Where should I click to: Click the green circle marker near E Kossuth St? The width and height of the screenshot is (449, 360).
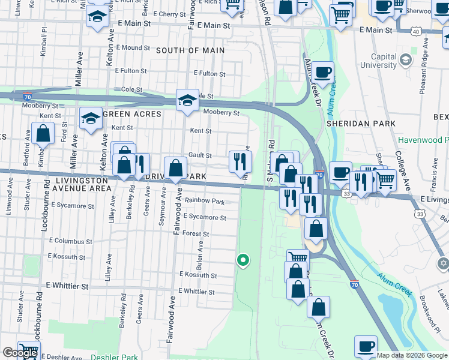click(243, 260)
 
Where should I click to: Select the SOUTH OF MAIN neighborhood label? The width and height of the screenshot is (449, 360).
click(190, 50)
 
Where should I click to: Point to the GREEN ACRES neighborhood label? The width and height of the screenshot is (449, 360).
click(132, 114)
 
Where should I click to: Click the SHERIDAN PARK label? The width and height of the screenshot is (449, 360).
click(361, 123)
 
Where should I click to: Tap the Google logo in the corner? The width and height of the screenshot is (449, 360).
click(20, 353)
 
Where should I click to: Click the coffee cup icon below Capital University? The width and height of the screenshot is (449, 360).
click(322, 73)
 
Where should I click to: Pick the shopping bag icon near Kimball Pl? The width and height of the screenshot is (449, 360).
click(43, 134)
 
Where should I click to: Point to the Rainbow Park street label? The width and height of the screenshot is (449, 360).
click(204, 201)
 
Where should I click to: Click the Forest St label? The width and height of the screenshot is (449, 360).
click(196, 233)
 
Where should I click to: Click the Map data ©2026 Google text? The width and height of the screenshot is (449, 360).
click(412, 355)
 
